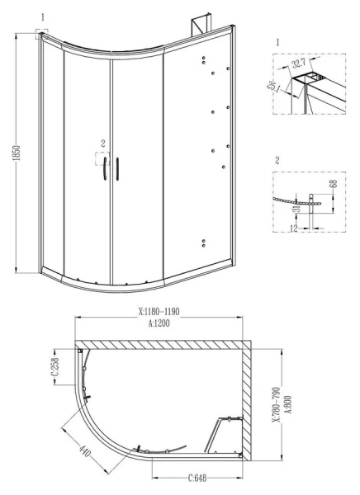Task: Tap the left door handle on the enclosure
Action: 105,169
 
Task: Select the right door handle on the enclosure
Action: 118,168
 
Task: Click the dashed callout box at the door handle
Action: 102,162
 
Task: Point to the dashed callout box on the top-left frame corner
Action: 42,33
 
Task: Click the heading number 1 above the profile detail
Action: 277,39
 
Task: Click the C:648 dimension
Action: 197,478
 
